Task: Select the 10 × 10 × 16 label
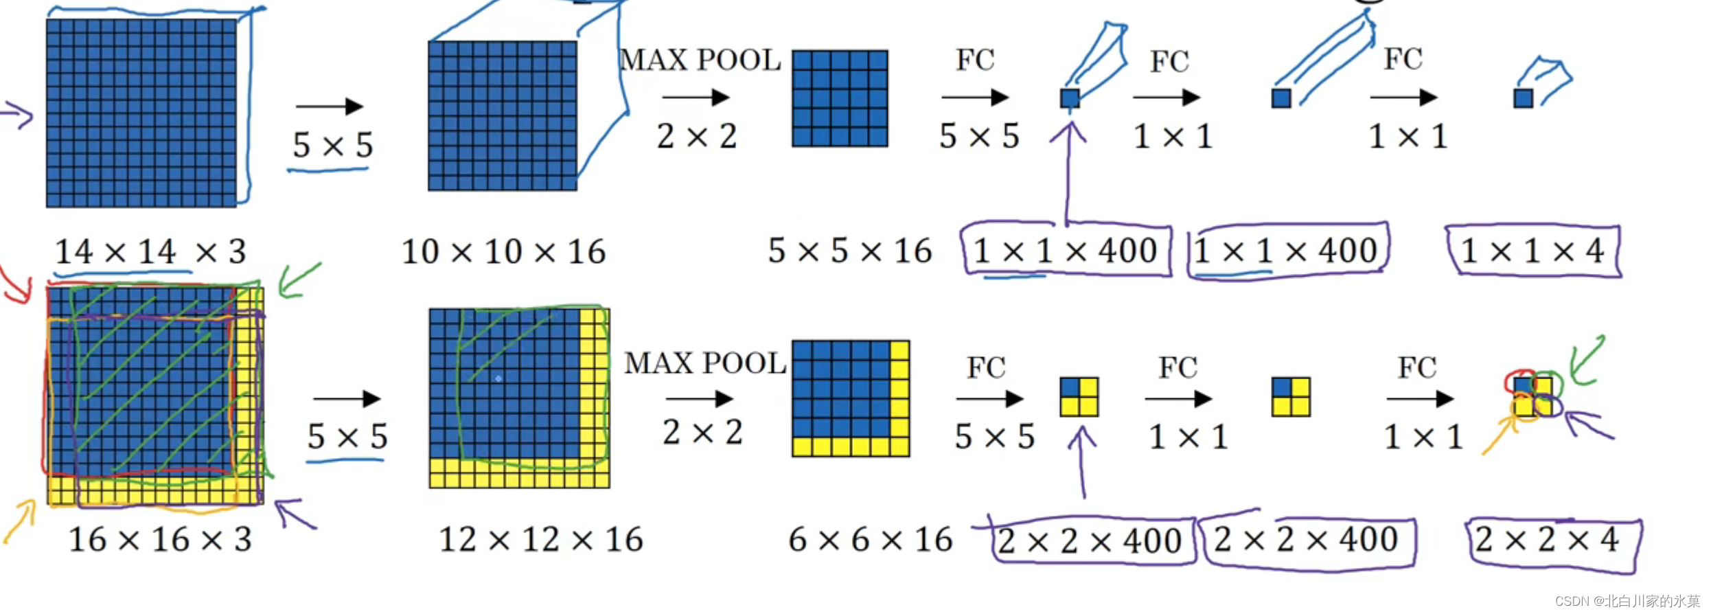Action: coord(503,251)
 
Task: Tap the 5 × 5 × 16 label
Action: coord(849,251)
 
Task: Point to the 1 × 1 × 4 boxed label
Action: coord(1532,251)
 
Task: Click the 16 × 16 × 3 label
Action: coord(160,539)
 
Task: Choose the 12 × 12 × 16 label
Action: coord(540,539)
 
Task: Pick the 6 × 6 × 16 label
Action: coord(870,539)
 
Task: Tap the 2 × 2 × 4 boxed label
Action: coord(1546,540)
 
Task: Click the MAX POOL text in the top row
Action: coord(700,60)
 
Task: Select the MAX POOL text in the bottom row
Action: coord(705,363)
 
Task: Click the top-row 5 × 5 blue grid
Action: coord(840,98)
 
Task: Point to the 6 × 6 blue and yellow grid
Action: coord(851,398)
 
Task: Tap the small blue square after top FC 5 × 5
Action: coord(1070,98)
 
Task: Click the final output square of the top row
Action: coord(1523,98)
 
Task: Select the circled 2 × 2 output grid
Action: coord(1532,396)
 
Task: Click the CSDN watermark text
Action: coord(1627,601)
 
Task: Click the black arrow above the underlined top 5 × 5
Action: coord(330,106)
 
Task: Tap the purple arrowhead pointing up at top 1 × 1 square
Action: coord(1069,130)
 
